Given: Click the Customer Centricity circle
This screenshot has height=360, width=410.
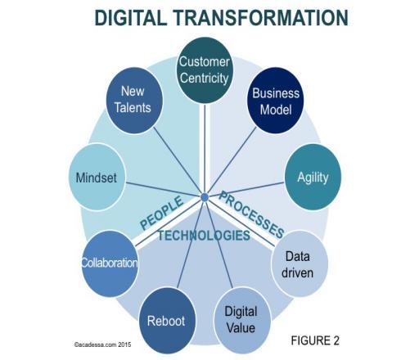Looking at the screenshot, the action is coord(205,70).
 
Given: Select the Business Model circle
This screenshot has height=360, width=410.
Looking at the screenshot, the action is coord(275,101).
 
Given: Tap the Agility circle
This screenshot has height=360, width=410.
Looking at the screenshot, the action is coord(313,178).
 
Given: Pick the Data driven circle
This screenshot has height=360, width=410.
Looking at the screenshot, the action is coord(300,263).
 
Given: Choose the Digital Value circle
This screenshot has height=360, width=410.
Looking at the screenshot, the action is coord(242,321).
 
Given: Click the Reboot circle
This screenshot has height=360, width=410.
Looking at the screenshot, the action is coord(167,321).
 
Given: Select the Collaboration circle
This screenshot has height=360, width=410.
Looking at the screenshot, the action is coord(110,263).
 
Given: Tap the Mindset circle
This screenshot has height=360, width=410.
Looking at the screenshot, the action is coord(97,178).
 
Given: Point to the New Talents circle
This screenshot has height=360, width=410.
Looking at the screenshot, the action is coord(134,101).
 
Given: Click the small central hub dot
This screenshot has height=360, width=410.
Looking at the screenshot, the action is coord(205,197).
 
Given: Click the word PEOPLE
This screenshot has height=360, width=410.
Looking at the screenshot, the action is coord(161,213).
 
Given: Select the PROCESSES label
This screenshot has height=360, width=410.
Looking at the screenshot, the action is coord(251,214).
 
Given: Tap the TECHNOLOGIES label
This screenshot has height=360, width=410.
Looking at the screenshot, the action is coord(204,236).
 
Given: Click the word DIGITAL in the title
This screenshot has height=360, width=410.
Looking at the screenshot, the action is coord(130,18).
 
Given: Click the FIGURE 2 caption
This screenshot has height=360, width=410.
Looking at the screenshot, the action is coord(315,340).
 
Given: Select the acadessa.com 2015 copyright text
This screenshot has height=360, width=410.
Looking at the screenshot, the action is coord(102,344).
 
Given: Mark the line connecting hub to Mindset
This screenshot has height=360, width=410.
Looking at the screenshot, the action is coord(163,190).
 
